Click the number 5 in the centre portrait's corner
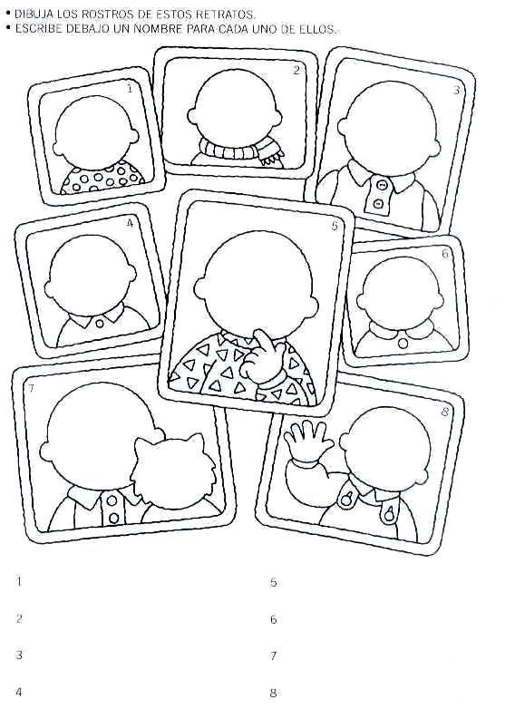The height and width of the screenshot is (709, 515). coord(335,225)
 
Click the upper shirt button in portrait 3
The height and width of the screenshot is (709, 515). coord(382,185)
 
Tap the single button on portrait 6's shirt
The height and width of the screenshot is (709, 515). coord(403,345)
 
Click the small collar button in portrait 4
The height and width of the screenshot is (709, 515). coord(100,324)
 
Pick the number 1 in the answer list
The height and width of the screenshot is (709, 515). coord(19,581)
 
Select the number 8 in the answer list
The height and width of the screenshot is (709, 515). coord(273,693)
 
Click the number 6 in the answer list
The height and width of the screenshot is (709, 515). coord(273,619)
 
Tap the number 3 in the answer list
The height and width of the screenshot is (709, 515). coord(19,655)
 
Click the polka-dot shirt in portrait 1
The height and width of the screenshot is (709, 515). coord(103,177)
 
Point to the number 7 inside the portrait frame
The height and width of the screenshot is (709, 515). coord(31,388)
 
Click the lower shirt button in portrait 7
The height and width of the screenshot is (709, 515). coord(112,518)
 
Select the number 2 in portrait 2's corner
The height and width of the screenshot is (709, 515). coord(296,70)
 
